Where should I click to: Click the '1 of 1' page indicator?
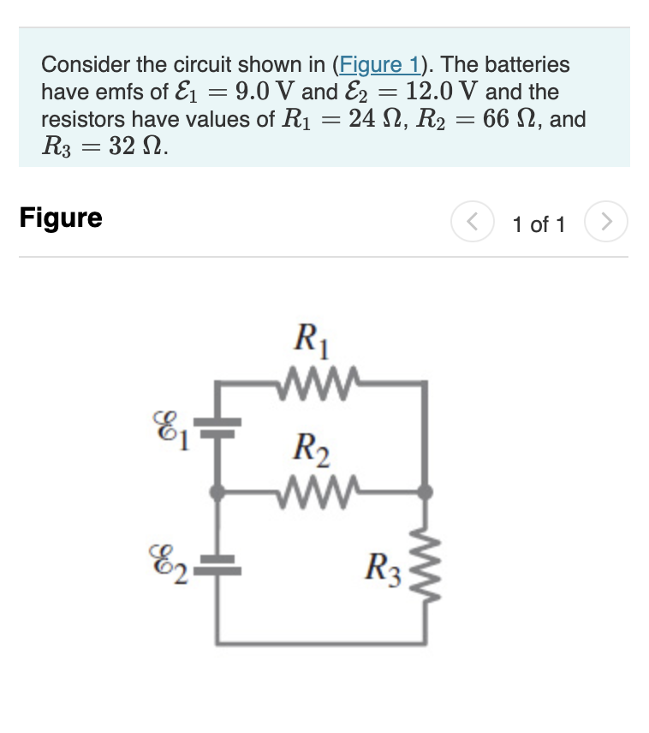click(539, 225)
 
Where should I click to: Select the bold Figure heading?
click(61, 218)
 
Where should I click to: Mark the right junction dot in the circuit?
click(425, 492)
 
